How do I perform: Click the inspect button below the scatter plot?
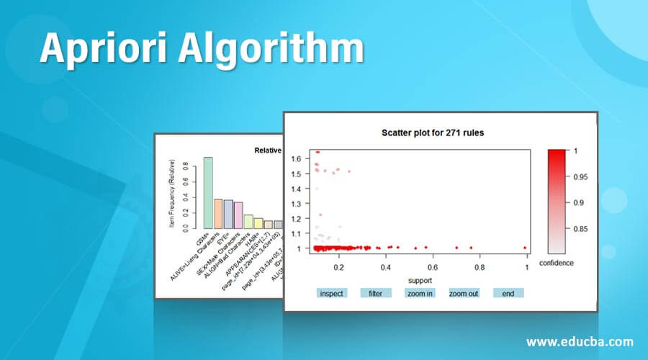332,293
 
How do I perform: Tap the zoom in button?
419,293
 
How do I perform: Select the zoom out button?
464,293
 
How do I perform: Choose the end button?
508,293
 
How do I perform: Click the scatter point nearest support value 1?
525,248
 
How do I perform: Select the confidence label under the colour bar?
556,263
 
